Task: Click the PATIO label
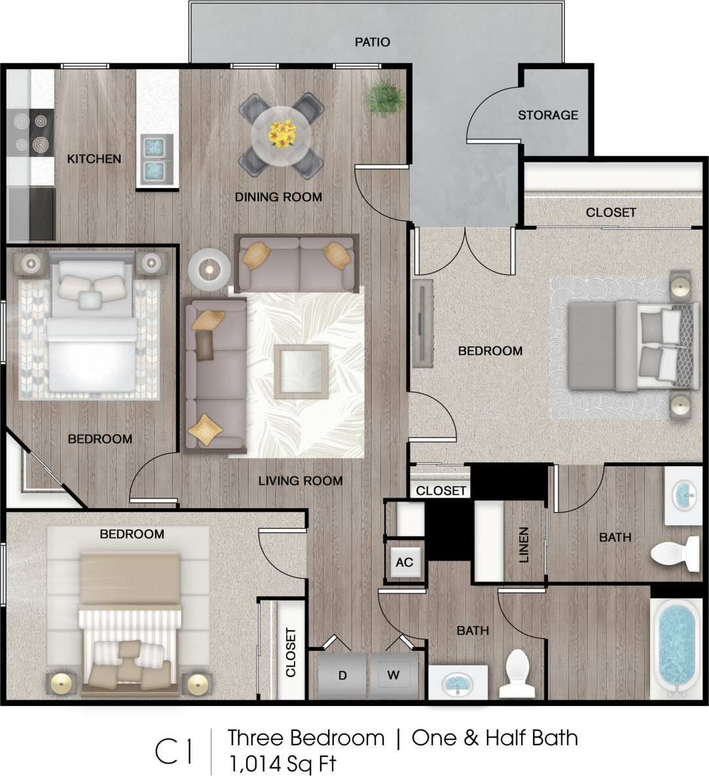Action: point(372,42)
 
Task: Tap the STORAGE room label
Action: point(548,115)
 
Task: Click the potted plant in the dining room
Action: point(385,98)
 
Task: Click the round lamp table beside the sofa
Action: point(209,268)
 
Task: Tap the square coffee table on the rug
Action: point(301,371)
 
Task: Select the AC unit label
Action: point(405,562)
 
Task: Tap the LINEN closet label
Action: point(523,545)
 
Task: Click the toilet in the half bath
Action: point(518,673)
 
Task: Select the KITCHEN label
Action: point(94,158)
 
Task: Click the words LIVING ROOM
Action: point(300,481)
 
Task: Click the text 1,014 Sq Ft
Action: point(282,764)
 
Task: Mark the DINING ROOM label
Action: point(278,196)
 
